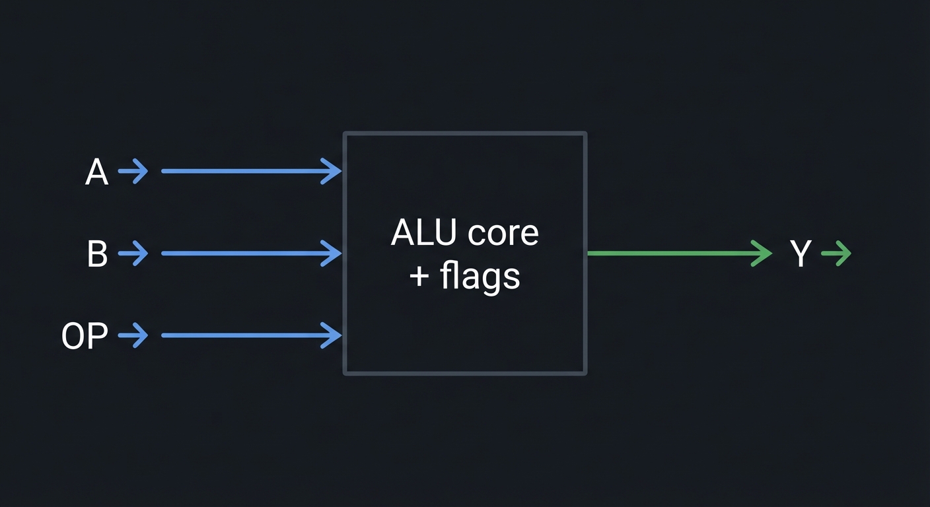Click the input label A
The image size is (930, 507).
pos(96,172)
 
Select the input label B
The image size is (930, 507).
pos(97,254)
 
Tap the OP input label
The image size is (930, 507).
pos(85,336)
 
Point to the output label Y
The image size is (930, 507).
pos(800,254)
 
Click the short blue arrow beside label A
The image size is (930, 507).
pos(133,172)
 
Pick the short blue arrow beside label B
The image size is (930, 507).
pos(133,253)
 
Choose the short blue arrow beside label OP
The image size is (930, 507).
pos(133,335)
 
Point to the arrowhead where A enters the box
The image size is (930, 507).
pos(334,172)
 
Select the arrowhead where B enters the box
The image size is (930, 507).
pos(334,253)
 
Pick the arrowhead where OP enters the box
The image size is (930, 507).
pos(334,335)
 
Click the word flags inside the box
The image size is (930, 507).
pos(480,277)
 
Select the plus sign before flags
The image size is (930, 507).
pos(419,277)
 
